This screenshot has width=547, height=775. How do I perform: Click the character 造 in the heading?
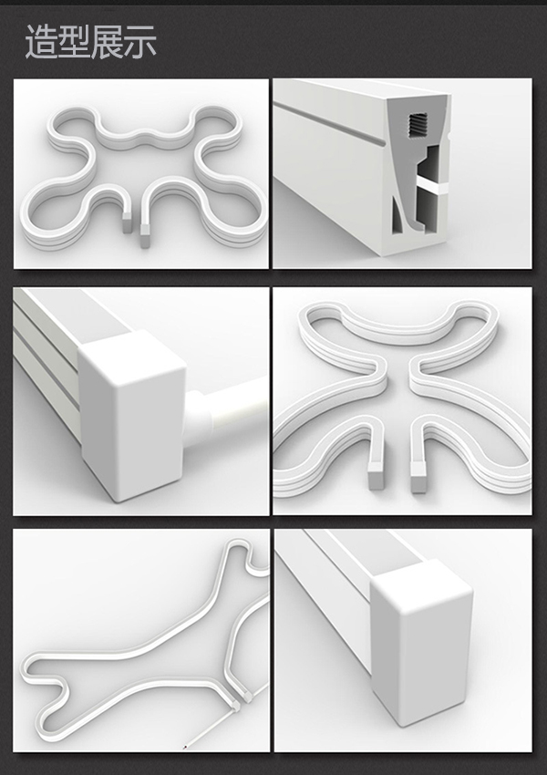click(x=42, y=42)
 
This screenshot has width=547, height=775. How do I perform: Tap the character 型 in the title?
click(x=75, y=42)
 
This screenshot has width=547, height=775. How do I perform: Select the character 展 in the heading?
click(x=108, y=42)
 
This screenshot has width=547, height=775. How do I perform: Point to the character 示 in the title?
click(x=140, y=42)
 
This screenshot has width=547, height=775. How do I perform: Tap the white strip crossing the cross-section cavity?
click(x=431, y=185)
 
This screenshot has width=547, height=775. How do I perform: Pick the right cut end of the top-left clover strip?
click(x=145, y=235)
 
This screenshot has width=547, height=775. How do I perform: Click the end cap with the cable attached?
click(x=132, y=415)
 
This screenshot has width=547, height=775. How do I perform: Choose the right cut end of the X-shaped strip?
click(x=419, y=479)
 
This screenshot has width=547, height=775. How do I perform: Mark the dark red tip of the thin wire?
click(x=185, y=747)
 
